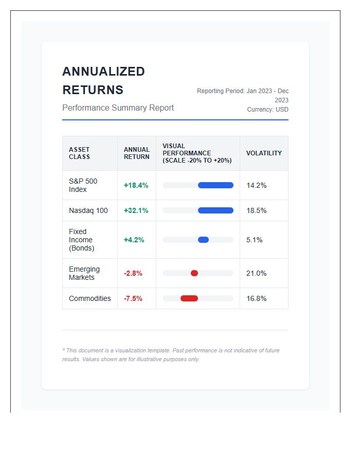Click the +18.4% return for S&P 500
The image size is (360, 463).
pos(136,185)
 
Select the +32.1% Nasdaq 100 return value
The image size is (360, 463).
pos(136,210)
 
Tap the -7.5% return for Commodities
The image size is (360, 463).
pos(133,298)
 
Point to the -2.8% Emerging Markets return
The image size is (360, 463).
pos(133,273)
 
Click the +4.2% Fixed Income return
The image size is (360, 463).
pos(134,240)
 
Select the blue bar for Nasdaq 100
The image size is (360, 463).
pos(215,210)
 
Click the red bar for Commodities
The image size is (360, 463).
pos(189,298)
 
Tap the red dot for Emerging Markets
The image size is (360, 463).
pos(194,273)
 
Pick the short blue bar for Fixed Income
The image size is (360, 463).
pos(203,240)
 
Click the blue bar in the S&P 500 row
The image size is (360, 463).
pos(215,185)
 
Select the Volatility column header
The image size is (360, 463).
pos(264,153)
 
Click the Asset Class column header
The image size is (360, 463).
pos(79,153)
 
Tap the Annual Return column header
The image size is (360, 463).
pos(137,153)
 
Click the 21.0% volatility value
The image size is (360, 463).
pos(256,273)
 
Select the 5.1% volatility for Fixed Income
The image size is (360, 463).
pos(254,240)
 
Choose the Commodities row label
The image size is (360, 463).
pos(90,298)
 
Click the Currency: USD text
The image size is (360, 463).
pos(267,110)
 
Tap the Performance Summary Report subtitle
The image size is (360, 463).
pos(118,108)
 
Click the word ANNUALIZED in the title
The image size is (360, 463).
pos(103,72)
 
